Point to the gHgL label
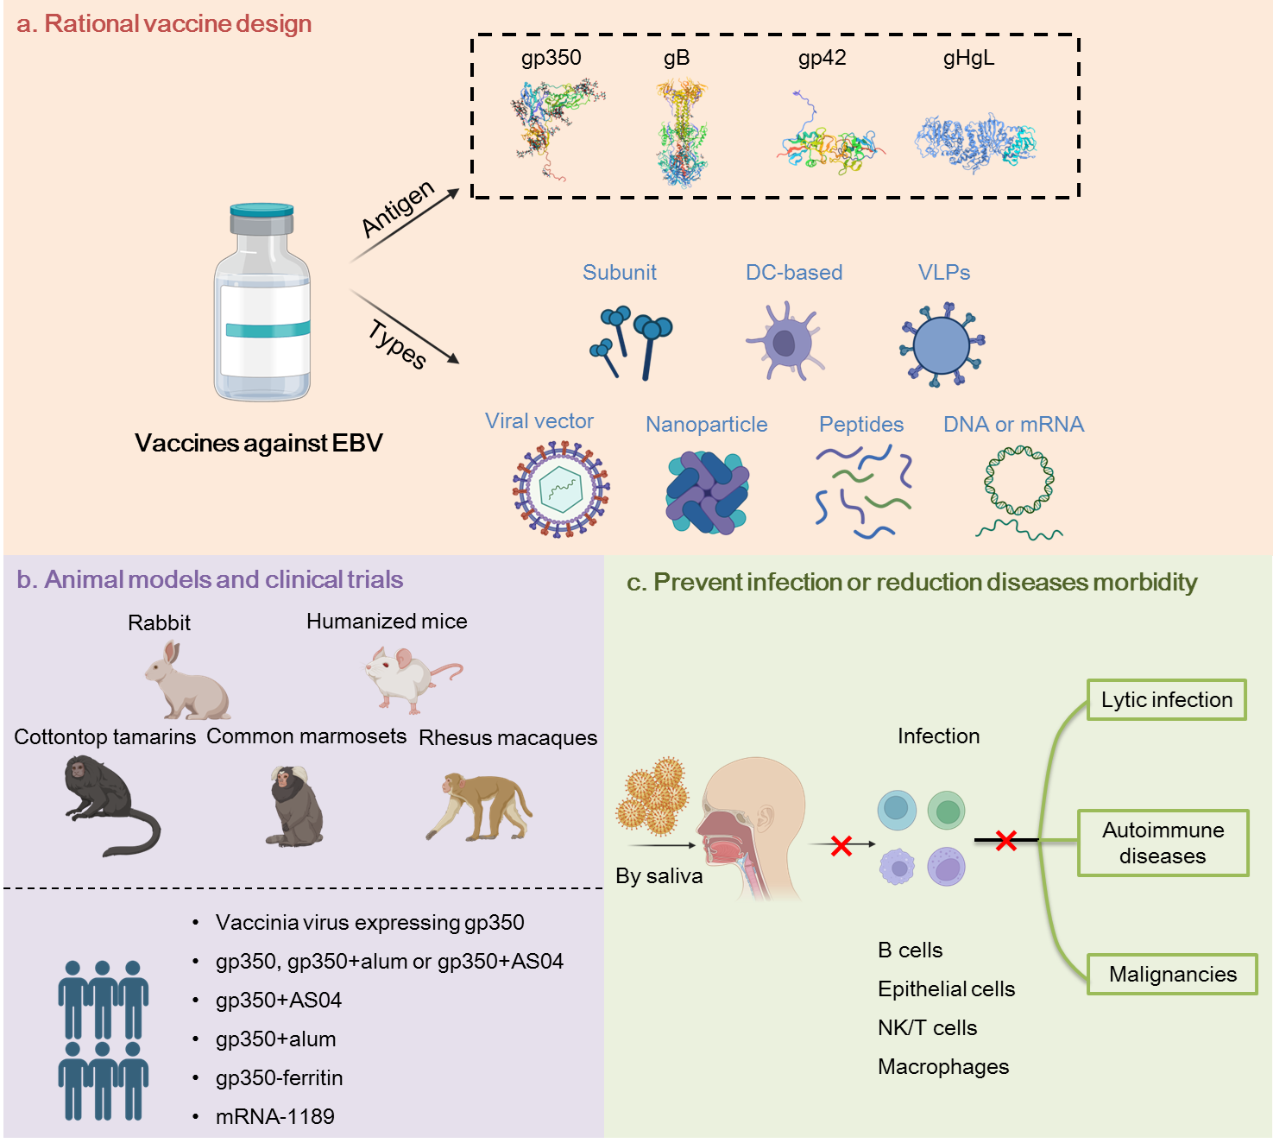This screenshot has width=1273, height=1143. pyautogui.click(x=968, y=58)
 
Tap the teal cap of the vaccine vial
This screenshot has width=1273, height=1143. pyautogui.click(x=262, y=210)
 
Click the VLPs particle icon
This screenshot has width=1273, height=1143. pyautogui.click(x=942, y=344)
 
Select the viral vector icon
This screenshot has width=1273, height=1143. pyautogui.click(x=561, y=489)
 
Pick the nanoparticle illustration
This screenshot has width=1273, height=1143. pyautogui.click(x=707, y=492)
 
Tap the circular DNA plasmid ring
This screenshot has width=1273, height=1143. pyautogui.click(x=1019, y=480)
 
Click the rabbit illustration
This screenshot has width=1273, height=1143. pyautogui.click(x=186, y=682)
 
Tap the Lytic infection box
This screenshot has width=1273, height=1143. pyautogui.click(x=1166, y=700)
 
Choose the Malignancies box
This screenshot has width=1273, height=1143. pyautogui.click(x=1172, y=975)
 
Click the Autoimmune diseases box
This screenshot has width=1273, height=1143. pyautogui.click(x=1163, y=843)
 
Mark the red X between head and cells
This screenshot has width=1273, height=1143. pyautogui.click(x=841, y=846)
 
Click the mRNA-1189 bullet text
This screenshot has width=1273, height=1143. pyautogui.click(x=274, y=1116)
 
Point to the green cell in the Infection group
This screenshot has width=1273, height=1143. pyautogui.click(x=946, y=811)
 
